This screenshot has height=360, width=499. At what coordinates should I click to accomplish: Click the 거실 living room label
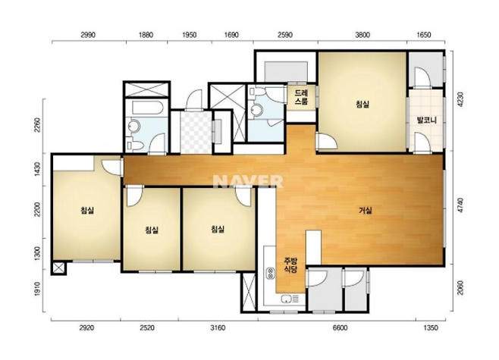[365, 211]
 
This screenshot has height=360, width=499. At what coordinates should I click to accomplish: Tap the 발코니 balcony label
[426, 121]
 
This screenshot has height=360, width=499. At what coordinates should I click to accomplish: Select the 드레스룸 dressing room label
[301, 97]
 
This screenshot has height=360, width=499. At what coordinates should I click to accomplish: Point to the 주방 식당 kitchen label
[290, 265]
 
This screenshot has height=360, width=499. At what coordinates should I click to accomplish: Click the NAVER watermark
[248, 182]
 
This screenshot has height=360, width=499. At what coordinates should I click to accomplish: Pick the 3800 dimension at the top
[362, 35]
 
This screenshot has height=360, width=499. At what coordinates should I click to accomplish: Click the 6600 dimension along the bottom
[340, 328]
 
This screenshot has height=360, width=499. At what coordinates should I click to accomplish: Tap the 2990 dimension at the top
[88, 35]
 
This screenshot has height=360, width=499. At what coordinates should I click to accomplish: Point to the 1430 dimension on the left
[38, 170]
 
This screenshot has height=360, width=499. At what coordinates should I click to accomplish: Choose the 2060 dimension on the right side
[460, 288]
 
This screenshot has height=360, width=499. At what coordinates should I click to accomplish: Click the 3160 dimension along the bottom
[218, 328]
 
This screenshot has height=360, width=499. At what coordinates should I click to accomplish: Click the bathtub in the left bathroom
[147, 108]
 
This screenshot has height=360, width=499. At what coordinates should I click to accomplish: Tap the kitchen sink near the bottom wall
[290, 299]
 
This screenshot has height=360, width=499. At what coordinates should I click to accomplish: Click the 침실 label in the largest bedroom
[362, 104]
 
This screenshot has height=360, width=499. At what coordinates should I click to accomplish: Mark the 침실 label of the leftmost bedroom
[87, 210]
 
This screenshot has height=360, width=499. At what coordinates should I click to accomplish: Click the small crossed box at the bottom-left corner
[58, 268]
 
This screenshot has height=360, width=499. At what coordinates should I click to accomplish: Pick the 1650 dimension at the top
[424, 35]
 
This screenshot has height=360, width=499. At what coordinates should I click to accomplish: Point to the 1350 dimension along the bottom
[431, 328]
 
